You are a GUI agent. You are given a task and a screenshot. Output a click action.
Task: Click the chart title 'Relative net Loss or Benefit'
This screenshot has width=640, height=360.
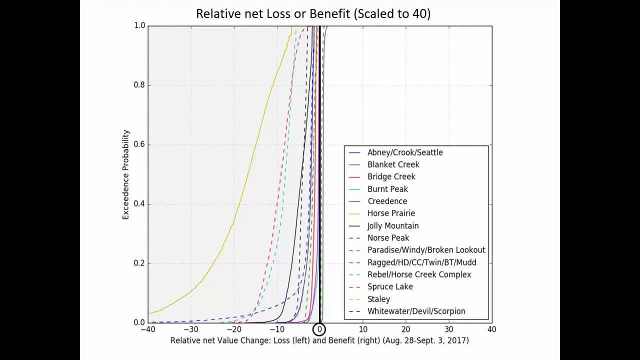313,13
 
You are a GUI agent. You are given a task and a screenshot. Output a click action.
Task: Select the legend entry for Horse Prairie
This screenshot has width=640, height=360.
391,213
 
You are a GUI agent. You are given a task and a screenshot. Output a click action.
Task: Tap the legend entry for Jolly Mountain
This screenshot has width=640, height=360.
392,225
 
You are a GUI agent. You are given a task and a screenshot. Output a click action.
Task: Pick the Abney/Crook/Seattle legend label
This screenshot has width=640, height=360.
404,152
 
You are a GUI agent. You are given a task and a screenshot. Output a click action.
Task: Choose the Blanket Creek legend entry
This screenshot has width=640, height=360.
393,164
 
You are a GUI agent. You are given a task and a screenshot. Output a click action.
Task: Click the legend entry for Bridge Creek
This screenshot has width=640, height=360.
391,176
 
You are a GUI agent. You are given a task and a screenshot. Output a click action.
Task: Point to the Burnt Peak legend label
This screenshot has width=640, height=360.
387,189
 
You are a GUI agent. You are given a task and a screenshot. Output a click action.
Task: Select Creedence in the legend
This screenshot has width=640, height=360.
387,201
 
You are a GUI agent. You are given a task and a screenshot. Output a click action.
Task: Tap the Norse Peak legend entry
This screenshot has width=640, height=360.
388,238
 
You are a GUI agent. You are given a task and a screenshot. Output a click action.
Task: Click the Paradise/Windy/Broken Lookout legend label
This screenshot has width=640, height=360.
426,250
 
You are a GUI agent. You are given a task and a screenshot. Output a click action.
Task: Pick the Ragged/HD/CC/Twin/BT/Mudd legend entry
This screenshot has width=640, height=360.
421,262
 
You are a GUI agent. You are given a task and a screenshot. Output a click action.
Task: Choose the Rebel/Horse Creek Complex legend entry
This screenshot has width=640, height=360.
419,274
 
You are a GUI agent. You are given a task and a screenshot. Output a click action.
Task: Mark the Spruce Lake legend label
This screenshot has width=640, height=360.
390,286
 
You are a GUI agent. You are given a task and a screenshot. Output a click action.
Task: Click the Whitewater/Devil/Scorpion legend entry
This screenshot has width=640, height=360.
416,311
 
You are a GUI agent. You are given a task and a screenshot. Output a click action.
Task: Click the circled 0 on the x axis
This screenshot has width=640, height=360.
319,329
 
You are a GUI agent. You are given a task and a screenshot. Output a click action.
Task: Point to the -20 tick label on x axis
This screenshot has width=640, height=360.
233,329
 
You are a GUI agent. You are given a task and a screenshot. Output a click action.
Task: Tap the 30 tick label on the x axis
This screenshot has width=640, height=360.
448,329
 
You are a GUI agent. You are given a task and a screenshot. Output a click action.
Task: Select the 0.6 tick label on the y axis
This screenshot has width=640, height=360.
139,144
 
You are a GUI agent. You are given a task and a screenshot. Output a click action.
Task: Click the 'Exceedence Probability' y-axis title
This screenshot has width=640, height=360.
125,174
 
